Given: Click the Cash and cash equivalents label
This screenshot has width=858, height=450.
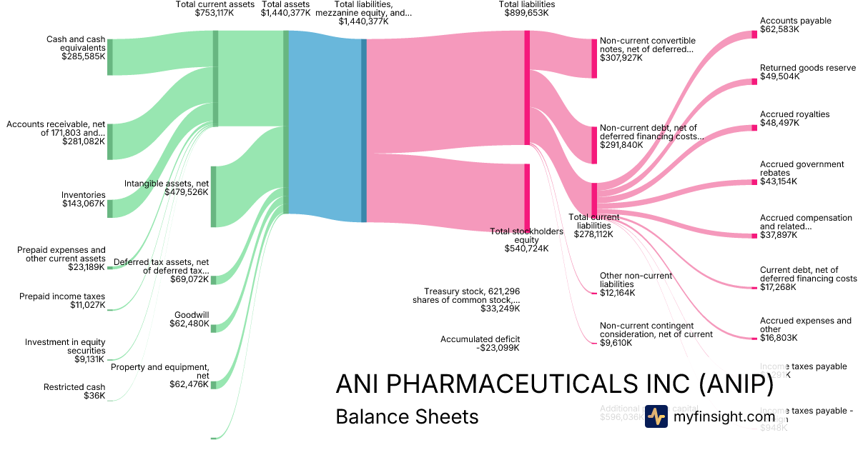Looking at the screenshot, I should [x=75, y=43].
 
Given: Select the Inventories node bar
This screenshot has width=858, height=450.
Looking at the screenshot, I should [x=110, y=209].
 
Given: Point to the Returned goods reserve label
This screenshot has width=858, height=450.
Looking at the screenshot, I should [x=807, y=68].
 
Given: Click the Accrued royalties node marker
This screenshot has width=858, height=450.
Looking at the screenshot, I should [x=754, y=128].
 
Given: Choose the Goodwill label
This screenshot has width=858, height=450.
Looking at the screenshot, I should [x=192, y=315].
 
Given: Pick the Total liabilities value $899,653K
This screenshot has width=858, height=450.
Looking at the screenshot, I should [x=526, y=13].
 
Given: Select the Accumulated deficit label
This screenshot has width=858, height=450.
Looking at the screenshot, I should [x=480, y=339].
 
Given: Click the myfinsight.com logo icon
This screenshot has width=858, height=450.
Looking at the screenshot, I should [x=656, y=416].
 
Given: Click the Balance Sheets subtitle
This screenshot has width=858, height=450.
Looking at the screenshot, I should [x=407, y=416].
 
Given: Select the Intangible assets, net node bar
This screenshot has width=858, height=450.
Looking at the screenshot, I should [x=213, y=196].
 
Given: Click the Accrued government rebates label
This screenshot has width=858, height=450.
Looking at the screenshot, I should [x=802, y=169].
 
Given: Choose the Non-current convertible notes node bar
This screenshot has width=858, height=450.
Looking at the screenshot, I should [x=593, y=59].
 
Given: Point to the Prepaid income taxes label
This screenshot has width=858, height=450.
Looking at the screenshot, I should [x=62, y=296].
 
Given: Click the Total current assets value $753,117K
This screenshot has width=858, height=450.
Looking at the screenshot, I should [x=214, y=13].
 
